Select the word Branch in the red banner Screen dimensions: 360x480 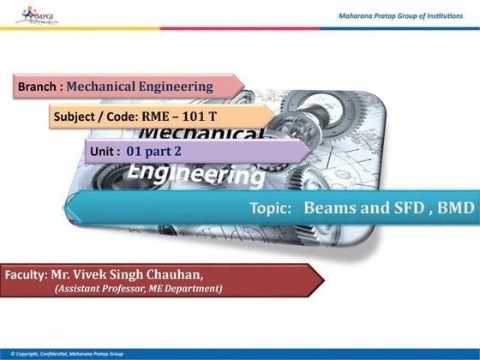[x=39, y=87]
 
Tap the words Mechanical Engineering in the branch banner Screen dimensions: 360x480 [x=139, y=87]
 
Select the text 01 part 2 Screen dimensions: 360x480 [x=154, y=150]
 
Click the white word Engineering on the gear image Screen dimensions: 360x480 [x=195, y=175]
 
